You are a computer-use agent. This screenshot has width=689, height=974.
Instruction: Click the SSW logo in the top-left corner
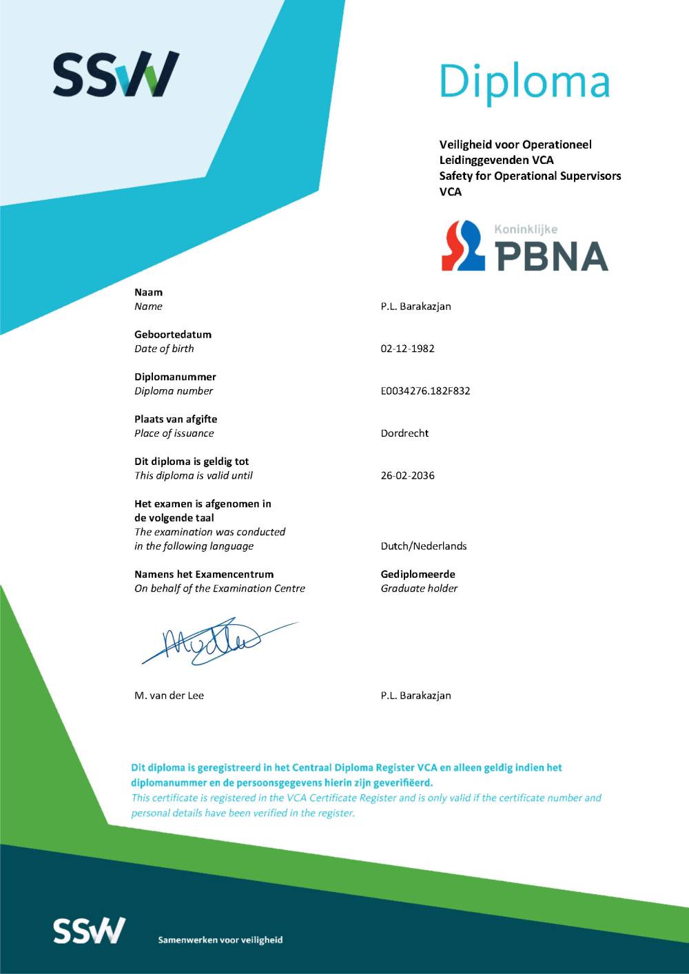tap(116, 74)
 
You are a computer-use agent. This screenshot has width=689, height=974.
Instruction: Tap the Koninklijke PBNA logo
tap(525, 247)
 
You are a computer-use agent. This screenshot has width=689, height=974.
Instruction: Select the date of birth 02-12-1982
tap(407, 349)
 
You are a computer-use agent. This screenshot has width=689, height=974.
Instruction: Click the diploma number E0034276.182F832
tap(425, 391)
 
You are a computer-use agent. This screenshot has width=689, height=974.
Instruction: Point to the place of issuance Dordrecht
tap(404, 433)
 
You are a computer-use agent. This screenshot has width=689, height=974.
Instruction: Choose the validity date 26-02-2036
tap(407, 475)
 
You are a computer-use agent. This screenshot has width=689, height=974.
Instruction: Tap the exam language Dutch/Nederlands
tap(423, 546)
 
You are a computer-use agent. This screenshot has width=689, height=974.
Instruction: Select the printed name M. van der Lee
tap(169, 696)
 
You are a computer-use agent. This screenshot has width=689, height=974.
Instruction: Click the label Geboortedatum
tap(173, 334)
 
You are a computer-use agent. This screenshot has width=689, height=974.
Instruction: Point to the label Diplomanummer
tap(175, 377)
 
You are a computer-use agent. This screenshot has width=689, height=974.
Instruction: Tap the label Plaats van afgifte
tap(176, 419)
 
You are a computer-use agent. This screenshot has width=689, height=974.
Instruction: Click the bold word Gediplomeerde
tap(418, 574)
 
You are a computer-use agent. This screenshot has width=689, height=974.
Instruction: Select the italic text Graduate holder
tap(419, 588)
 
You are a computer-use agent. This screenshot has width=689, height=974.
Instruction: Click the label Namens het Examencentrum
tap(204, 574)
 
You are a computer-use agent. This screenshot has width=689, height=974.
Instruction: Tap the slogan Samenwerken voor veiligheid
tap(220, 940)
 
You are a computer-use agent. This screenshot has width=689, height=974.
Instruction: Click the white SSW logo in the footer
tap(90, 931)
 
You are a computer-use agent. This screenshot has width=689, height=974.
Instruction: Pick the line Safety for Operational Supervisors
tap(530, 176)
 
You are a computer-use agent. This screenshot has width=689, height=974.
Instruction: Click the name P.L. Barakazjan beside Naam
tap(415, 307)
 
